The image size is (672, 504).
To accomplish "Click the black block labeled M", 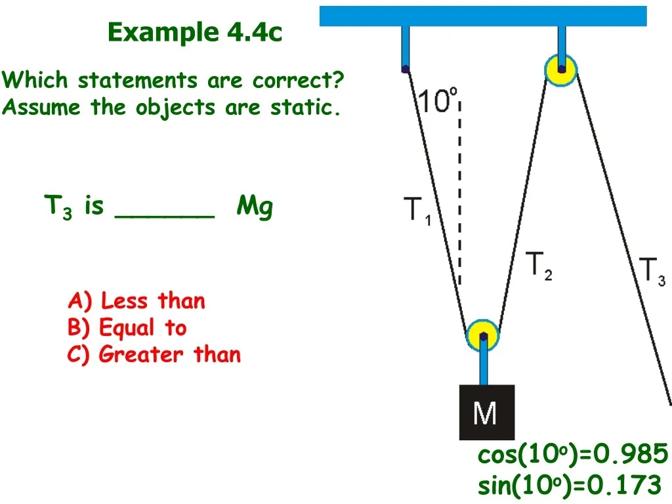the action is point(487,412).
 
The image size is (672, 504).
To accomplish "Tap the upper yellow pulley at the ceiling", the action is point(561,70).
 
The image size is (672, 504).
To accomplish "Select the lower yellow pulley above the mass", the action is point(483,335).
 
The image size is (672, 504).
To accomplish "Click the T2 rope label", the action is point(539,266).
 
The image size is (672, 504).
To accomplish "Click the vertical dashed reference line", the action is point(459,194).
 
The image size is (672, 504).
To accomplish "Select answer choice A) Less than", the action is point(136,301).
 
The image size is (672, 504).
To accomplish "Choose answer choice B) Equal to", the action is point(127,327).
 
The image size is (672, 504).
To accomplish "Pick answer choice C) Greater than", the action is point(154,354).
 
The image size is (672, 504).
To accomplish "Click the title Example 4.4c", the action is point(195,31).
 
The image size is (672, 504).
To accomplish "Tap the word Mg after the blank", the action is point(255,207).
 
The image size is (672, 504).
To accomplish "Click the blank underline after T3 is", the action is point(165,217).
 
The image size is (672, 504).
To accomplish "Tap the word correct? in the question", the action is point(299,79).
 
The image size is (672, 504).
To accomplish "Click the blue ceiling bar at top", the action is point(483,16).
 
